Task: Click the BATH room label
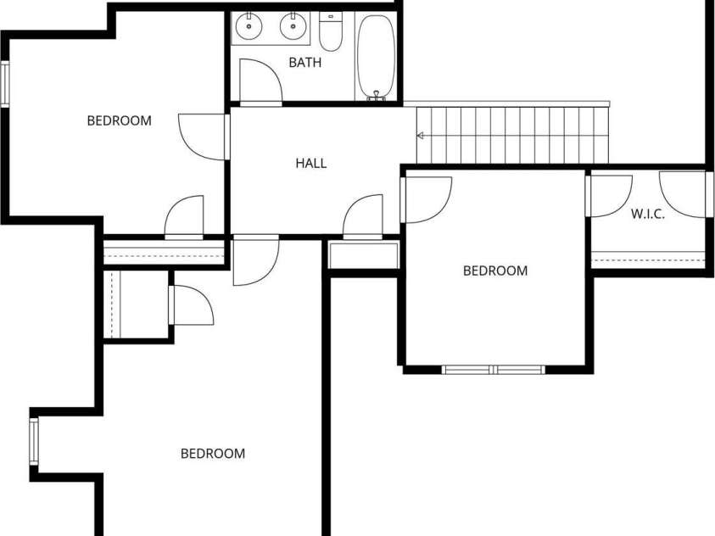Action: click(305, 63)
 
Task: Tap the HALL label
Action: click(311, 163)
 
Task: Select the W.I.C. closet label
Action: click(648, 214)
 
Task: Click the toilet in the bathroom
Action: click(331, 31)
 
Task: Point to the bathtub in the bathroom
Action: click(377, 57)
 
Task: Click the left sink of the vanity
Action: click(249, 26)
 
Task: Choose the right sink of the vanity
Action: click(293, 26)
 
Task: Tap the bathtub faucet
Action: click(377, 95)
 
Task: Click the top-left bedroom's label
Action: click(120, 120)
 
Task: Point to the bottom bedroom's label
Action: click(213, 454)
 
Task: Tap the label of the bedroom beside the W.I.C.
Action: click(495, 271)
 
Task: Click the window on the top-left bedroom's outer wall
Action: click(4, 84)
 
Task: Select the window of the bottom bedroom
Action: click(34, 441)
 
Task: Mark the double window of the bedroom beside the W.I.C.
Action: click(494, 370)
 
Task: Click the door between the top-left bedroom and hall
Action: click(204, 137)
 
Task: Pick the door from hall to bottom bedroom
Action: click(255, 260)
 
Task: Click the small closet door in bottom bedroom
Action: click(192, 305)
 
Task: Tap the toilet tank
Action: click(331, 17)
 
